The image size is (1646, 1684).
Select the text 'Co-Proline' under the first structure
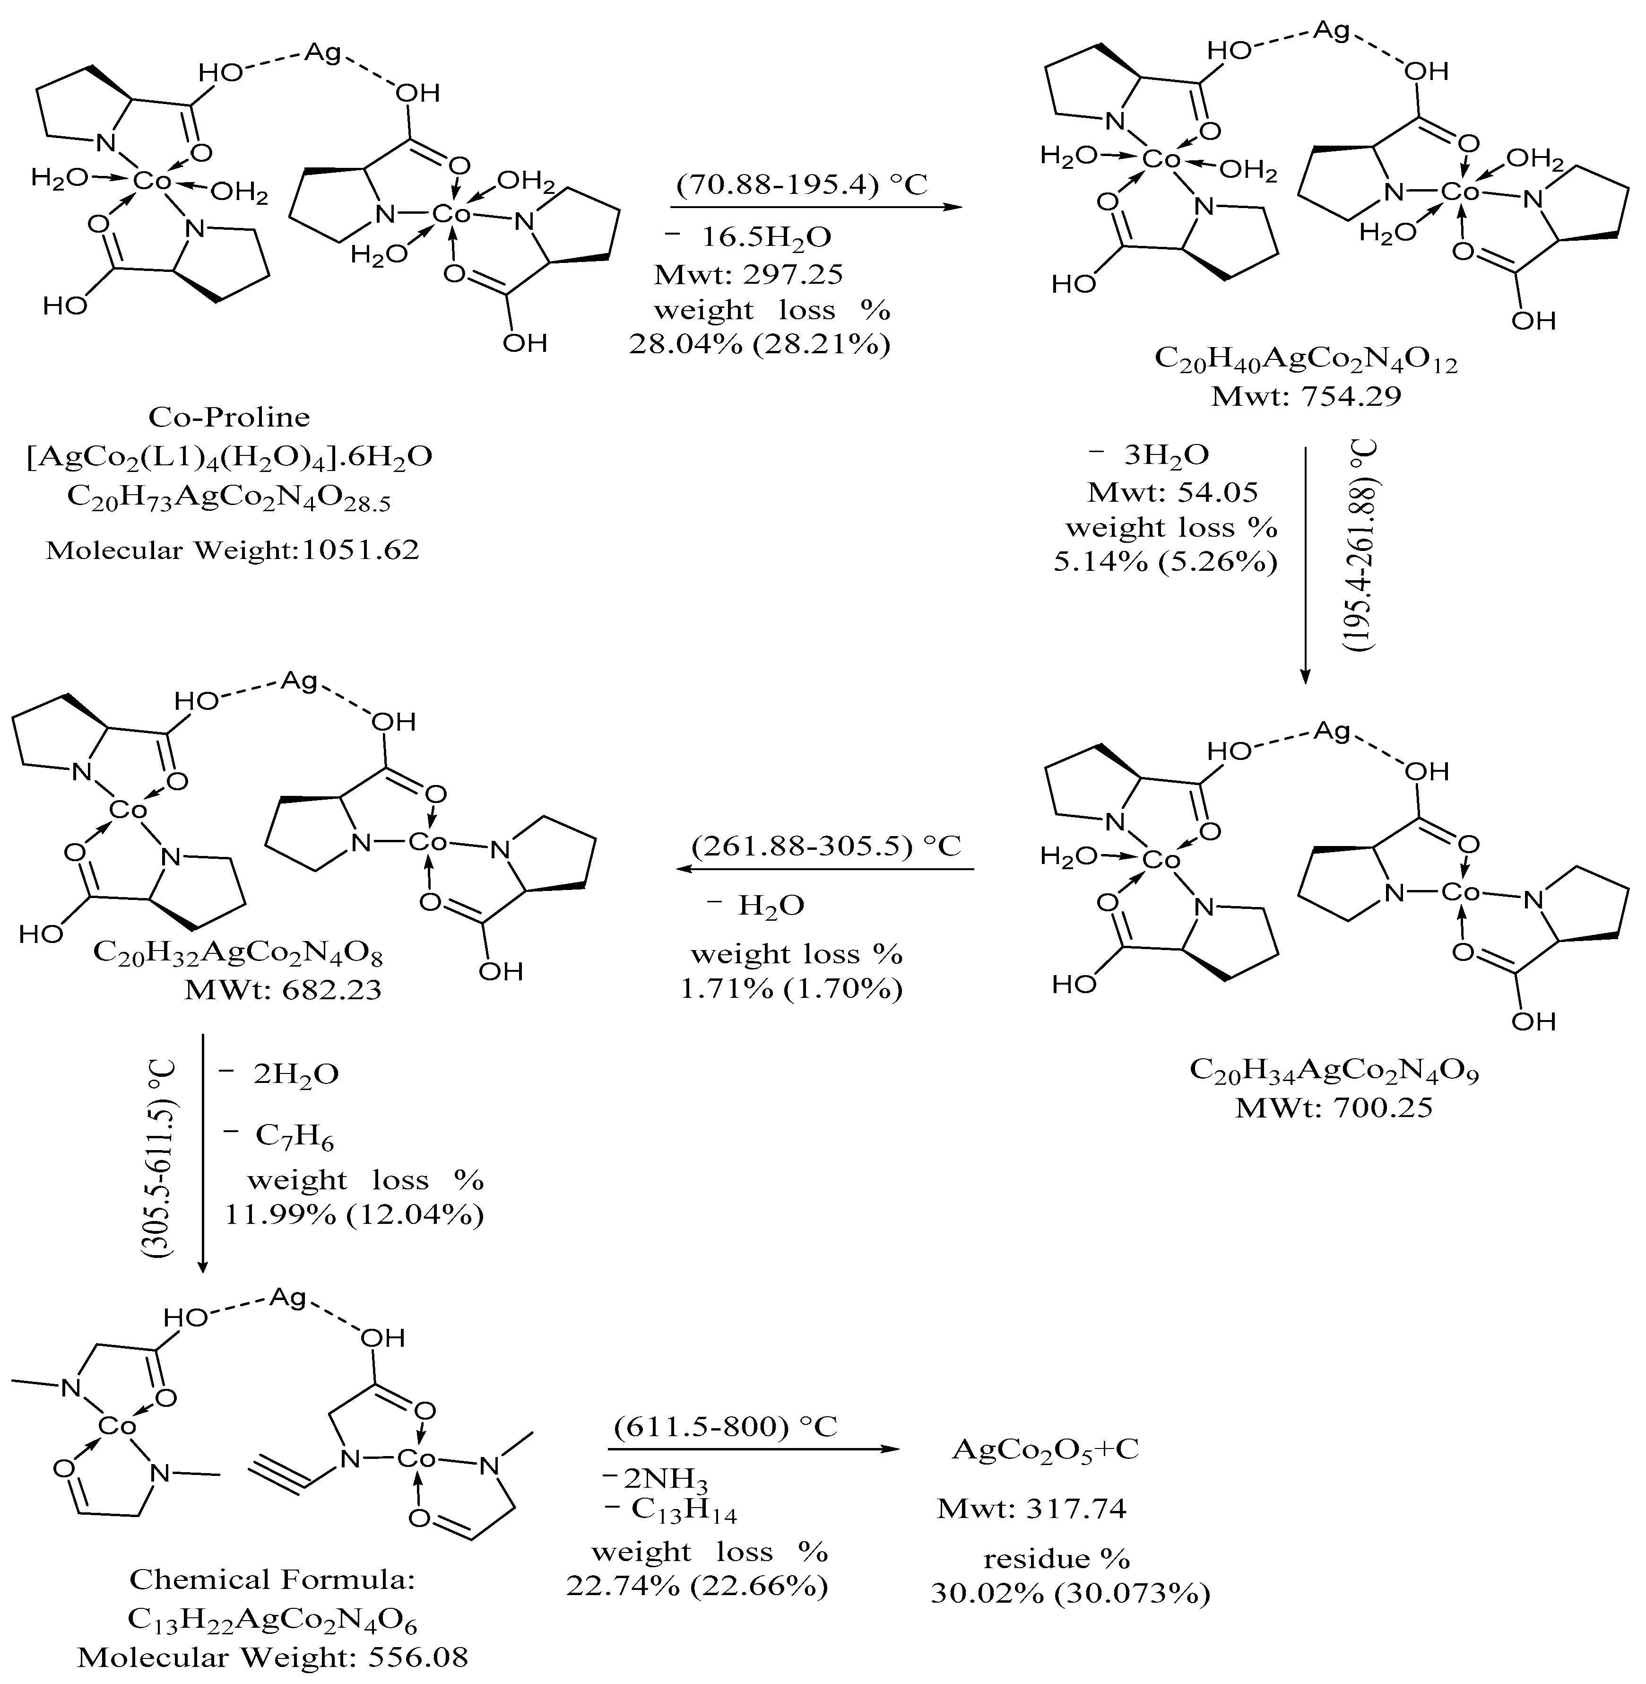pyautogui.click(x=229, y=417)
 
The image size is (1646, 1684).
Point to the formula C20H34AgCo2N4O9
pyautogui.click(x=1334, y=1071)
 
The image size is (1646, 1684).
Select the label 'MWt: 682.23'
pyautogui.click(x=284, y=989)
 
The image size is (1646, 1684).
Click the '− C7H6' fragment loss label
pyautogui.click(x=278, y=1135)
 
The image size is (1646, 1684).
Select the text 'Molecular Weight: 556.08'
pyautogui.click(x=273, y=1657)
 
